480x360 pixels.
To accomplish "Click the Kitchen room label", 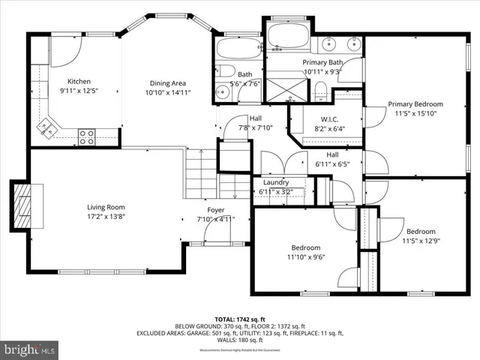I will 79,81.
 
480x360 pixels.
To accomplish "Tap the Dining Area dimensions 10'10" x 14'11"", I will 168,93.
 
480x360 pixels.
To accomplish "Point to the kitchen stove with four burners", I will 87,136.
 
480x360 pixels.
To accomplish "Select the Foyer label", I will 216,210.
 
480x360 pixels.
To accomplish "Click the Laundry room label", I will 276,182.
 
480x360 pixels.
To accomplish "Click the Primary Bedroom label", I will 415,104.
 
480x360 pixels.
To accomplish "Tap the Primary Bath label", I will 322,62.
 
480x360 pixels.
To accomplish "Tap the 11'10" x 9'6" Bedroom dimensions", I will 305,257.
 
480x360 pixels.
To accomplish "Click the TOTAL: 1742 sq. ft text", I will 239,319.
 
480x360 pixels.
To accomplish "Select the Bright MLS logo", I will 30,349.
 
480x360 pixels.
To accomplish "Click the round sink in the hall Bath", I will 223,92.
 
